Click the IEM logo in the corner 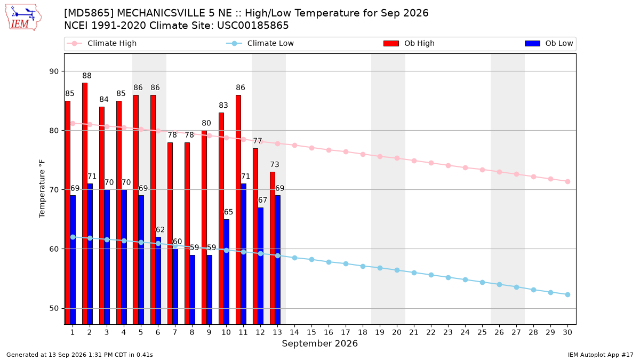[x=23, y=18]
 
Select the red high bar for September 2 [x=85, y=203]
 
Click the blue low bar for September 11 [x=243, y=254]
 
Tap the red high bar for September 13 [x=273, y=248]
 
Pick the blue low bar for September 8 [x=193, y=290]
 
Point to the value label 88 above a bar [x=87, y=76]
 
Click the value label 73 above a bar [x=275, y=165]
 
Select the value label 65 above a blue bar [x=228, y=212]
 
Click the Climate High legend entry [x=102, y=43]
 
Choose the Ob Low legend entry [x=549, y=43]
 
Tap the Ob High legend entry [x=409, y=43]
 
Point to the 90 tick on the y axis [x=54, y=71]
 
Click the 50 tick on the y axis [x=54, y=309]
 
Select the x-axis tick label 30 [x=567, y=332]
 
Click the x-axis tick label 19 [x=380, y=332]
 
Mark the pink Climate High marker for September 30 [x=567, y=182]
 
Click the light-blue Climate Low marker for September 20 [x=397, y=270]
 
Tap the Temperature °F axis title [x=42, y=189]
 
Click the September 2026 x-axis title [x=319, y=343]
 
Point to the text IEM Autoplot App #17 [x=601, y=355]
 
